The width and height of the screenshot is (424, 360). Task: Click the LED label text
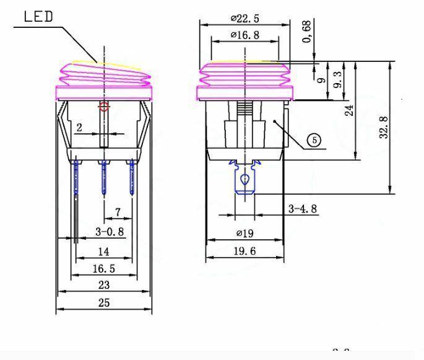pos(38,17)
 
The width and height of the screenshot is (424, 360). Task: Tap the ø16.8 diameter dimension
pos(244,36)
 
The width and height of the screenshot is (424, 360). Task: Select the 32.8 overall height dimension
pos(384,127)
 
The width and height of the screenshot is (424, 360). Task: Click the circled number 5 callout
pos(314,141)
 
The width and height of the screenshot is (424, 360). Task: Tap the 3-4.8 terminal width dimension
pos(303,209)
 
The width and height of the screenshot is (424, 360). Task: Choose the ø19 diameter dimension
pos(246,234)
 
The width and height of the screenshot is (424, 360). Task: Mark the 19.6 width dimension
pos(246,251)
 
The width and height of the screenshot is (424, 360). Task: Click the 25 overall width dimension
pos(103,302)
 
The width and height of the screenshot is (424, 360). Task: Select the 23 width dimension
pos(103,285)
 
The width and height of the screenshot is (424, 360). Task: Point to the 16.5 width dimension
pos(103,268)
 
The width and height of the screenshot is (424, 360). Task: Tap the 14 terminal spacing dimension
pos(103,252)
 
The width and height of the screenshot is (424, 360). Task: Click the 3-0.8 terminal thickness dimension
pos(110,232)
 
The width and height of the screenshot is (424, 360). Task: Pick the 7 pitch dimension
pos(118,213)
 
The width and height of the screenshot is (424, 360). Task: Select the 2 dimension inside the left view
pos(79,128)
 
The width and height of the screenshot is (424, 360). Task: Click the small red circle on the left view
pos(104,107)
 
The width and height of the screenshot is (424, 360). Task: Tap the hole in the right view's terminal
pos(245,180)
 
